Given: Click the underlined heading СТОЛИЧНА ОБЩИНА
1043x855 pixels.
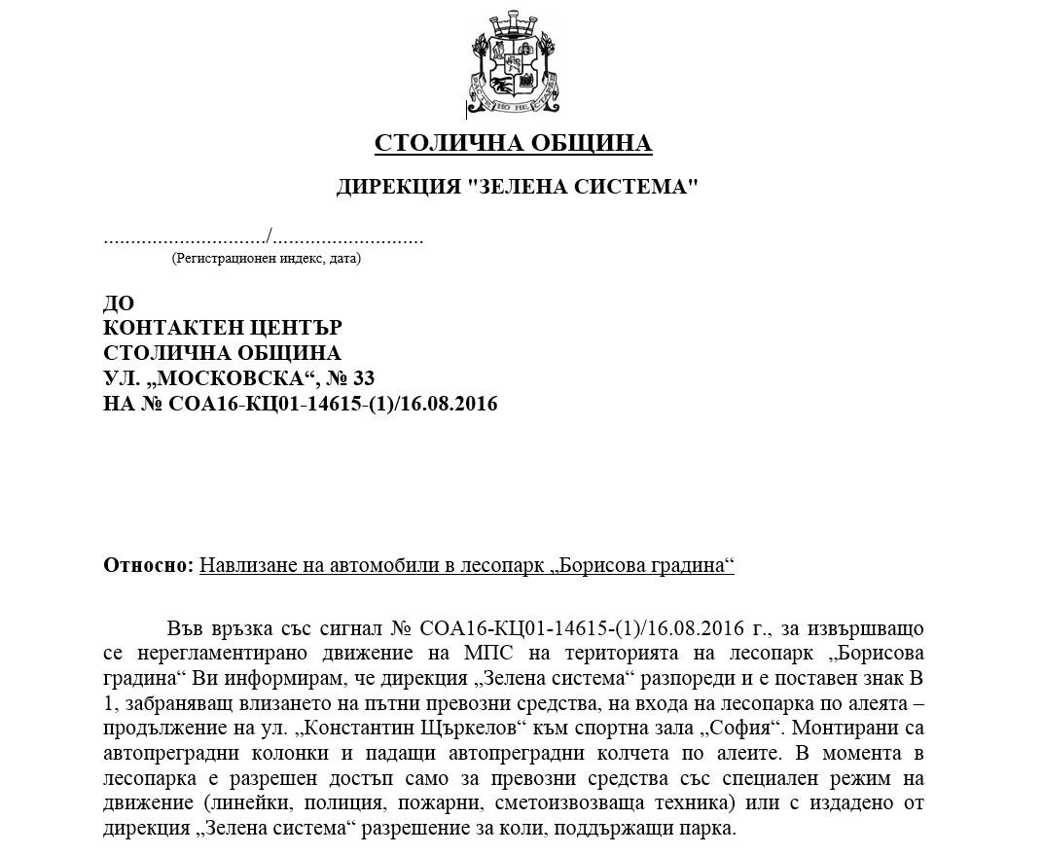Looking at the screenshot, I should (x=513, y=144).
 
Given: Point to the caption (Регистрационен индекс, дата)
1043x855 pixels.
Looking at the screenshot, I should (x=266, y=259).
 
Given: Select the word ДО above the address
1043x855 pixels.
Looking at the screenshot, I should (x=119, y=303).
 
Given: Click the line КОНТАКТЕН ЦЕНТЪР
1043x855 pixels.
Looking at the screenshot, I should (x=223, y=328).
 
